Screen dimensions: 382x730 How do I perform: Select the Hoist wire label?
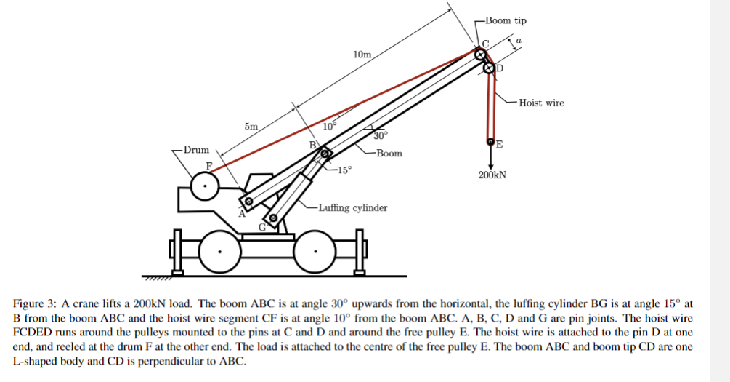pos(541,103)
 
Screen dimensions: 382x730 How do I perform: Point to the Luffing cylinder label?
pos(352,208)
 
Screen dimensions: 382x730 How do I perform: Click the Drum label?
pos(196,151)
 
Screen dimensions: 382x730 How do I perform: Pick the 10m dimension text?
pos(361,55)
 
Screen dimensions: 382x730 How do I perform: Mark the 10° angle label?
pos(330,126)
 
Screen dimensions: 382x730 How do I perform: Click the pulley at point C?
pos(480,55)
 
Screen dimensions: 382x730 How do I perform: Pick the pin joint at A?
pos(248,202)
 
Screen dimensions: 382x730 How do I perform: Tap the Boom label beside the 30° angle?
pos(389,154)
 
